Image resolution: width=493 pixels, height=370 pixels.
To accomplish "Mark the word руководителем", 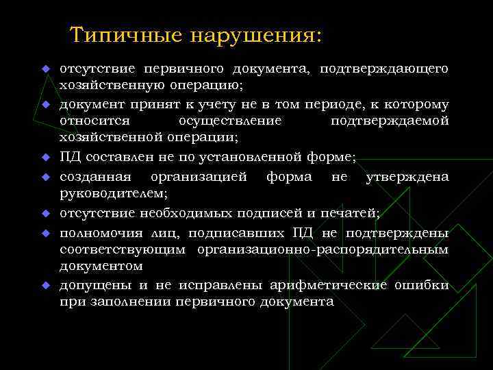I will tap(103, 194).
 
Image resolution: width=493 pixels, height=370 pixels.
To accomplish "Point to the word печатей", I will tap(350, 212).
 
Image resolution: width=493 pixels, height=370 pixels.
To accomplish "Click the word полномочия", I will tap(97, 230).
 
